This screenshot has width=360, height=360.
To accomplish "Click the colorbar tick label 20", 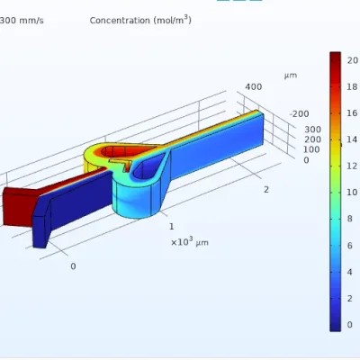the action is pyautogui.click(x=353, y=60).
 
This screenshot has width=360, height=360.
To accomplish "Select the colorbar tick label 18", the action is pyautogui.click(x=353, y=86).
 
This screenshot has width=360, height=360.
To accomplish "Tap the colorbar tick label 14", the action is pyautogui.click(x=353, y=139).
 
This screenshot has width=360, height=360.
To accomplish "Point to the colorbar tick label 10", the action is pyautogui.click(x=353, y=193).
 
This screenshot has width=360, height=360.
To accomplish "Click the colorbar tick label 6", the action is pyautogui.click(x=350, y=246).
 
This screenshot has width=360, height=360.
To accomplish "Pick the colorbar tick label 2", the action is pyautogui.click(x=350, y=299).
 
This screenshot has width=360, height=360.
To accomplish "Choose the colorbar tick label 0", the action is pyautogui.click(x=350, y=325).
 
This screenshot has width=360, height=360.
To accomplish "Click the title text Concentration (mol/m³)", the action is pyautogui.click(x=140, y=20).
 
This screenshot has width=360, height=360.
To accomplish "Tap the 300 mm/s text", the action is pyautogui.click(x=22, y=21).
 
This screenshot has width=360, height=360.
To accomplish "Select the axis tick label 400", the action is pyautogui.click(x=254, y=87).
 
